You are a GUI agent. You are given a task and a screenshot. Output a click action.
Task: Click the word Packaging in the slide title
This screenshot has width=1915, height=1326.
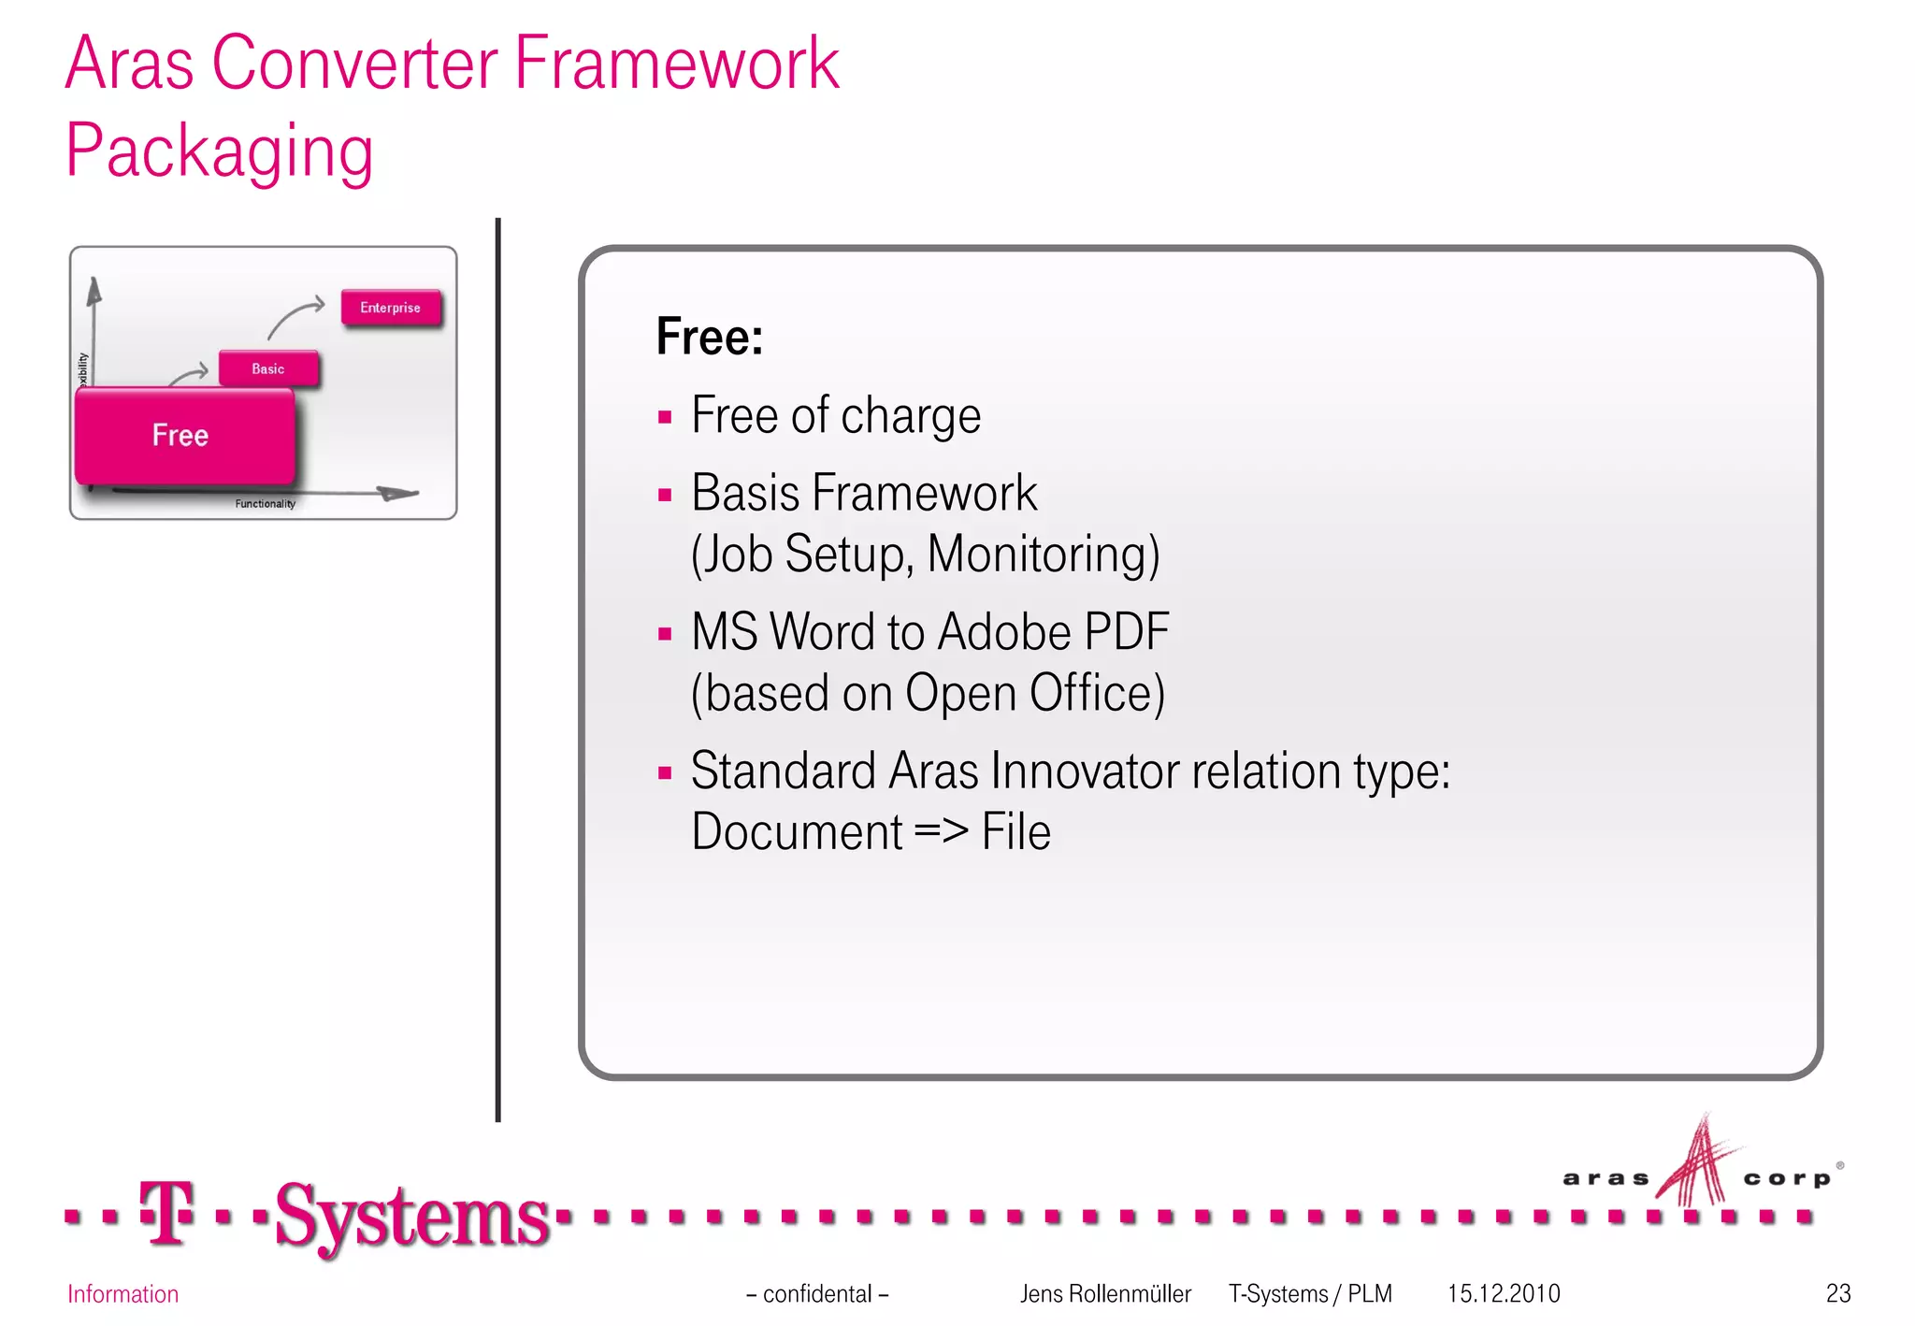[220, 151]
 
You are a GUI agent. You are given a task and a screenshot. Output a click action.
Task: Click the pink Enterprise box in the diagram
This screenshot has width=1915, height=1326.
[390, 308]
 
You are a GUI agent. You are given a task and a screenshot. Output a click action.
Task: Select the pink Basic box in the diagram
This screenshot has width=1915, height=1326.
[268, 368]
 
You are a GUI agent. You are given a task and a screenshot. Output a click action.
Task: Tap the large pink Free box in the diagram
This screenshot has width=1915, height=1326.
[183, 436]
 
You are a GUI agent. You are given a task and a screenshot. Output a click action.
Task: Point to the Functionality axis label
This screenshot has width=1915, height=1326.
[265, 504]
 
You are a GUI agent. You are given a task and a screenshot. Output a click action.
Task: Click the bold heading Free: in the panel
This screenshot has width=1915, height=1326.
[709, 337]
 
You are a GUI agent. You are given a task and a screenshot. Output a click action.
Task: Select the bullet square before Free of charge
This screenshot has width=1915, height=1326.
[665, 417]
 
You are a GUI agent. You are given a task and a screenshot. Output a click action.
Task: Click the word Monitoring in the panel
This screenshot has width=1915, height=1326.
[1043, 554]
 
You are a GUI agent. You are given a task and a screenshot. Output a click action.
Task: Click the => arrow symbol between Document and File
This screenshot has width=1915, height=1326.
[941, 831]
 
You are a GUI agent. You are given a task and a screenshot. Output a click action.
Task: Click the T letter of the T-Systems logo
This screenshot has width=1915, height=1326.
[166, 1213]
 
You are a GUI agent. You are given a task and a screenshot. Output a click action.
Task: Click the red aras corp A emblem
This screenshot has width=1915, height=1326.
[1697, 1164]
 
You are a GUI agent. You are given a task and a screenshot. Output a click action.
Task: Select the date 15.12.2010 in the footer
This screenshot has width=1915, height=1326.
[1504, 1293]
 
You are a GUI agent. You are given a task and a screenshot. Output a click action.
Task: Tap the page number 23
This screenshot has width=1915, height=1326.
[1837, 1293]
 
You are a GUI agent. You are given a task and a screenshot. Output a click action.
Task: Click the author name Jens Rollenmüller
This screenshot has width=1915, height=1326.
[1105, 1293]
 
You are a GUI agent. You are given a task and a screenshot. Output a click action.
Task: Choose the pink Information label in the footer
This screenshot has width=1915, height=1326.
[122, 1294]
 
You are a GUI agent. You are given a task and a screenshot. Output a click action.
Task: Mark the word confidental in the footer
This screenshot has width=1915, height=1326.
[817, 1293]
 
